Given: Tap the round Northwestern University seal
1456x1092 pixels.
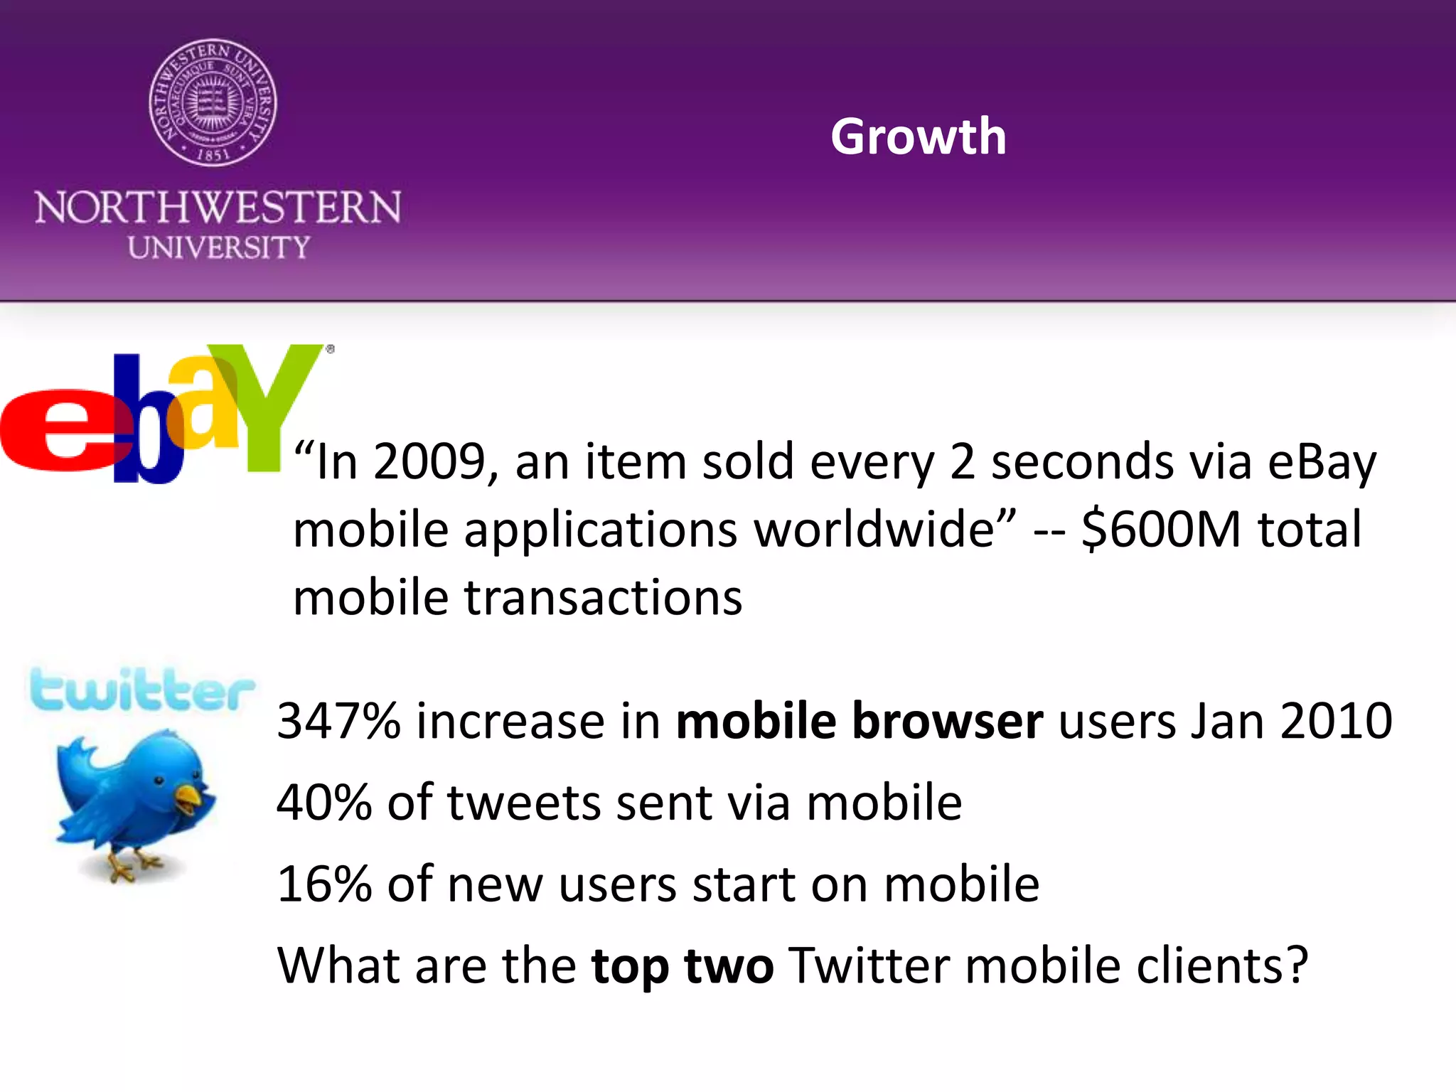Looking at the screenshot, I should [213, 102].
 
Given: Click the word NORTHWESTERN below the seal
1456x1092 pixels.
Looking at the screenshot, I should [218, 208].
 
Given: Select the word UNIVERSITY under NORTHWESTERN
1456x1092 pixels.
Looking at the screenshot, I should [219, 247].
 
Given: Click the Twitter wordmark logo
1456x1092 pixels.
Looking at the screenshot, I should [142, 690].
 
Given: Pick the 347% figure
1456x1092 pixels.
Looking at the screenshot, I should [338, 721].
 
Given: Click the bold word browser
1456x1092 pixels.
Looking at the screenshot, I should [947, 721].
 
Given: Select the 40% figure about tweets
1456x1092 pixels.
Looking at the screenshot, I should [324, 803].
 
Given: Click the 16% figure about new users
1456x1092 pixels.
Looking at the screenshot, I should [324, 884].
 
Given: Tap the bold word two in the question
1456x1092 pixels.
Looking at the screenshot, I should [728, 966].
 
